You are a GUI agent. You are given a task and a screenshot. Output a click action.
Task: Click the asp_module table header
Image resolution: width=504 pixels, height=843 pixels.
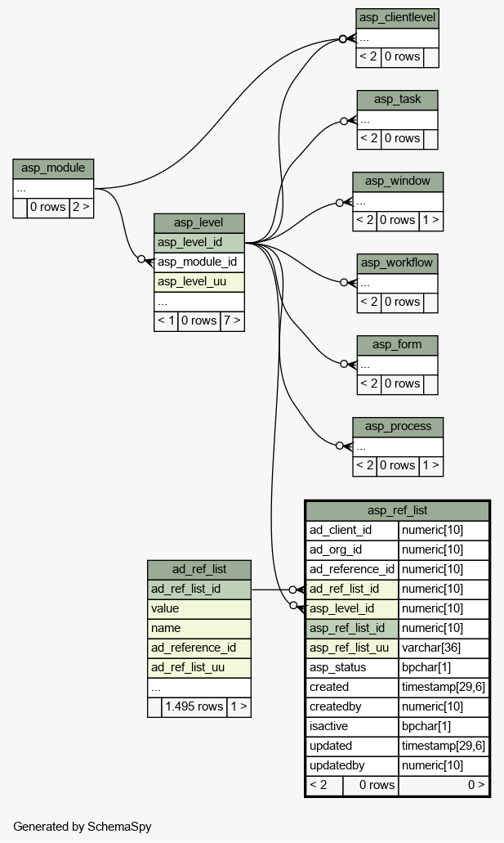pyautogui.click(x=53, y=168)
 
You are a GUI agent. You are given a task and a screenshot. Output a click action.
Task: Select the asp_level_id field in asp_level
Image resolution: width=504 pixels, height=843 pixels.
pyautogui.click(x=199, y=243)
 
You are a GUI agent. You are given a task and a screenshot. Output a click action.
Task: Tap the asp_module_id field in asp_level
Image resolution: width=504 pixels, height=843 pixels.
pyautogui.click(x=199, y=262)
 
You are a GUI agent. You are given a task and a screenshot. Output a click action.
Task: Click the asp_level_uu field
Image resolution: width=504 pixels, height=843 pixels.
pyautogui.click(x=199, y=282)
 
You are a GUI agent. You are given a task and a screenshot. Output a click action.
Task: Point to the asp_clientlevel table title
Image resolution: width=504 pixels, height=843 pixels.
pyautogui.click(x=397, y=18)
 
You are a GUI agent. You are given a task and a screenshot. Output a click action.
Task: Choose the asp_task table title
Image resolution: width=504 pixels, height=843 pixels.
pyautogui.click(x=397, y=100)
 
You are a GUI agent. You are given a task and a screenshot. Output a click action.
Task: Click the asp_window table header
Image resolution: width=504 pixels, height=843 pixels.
pyautogui.click(x=398, y=182)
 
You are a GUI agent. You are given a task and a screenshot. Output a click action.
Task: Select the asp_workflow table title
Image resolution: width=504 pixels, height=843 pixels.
pyautogui.click(x=397, y=263)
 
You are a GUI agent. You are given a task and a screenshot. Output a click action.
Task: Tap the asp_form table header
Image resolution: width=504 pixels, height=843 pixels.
pyautogui.click(x=397, y=344)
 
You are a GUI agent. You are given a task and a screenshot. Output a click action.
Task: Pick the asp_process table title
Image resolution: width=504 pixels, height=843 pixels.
pyautogui.click(x=398, y=426)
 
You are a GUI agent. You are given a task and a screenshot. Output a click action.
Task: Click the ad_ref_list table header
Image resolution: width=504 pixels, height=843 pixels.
pyautogui.click(x=199, y=569)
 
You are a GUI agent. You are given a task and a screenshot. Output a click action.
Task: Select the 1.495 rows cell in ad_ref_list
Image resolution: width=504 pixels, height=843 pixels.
pyautogui.click(x=194, y=706)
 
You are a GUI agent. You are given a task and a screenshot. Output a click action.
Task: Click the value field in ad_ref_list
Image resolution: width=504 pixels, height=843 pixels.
pyautogui.click(x=199, y=608)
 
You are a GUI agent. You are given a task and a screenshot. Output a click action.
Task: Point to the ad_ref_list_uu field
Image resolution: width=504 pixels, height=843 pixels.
pyautogui.click(x=199, y=668)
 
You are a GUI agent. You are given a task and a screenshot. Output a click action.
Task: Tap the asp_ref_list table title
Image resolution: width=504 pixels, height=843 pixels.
pyautogui.click(x=397, y=510)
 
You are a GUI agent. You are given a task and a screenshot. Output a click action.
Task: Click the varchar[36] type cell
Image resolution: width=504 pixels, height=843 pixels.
pyautogui.click(x=444, y=648)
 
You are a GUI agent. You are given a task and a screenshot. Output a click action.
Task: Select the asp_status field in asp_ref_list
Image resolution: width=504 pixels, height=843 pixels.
pyautogui.click(x=352, y=668)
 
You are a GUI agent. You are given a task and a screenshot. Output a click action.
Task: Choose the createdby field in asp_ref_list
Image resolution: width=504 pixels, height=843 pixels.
pyautogui.click(x=352, y=707)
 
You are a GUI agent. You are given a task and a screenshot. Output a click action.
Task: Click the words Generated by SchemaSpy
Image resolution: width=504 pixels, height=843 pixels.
pyautogui.click(x=83, y=827)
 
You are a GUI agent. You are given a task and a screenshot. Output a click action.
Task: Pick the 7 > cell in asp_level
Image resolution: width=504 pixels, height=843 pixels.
pyautogui.click(x=232, y=321)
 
